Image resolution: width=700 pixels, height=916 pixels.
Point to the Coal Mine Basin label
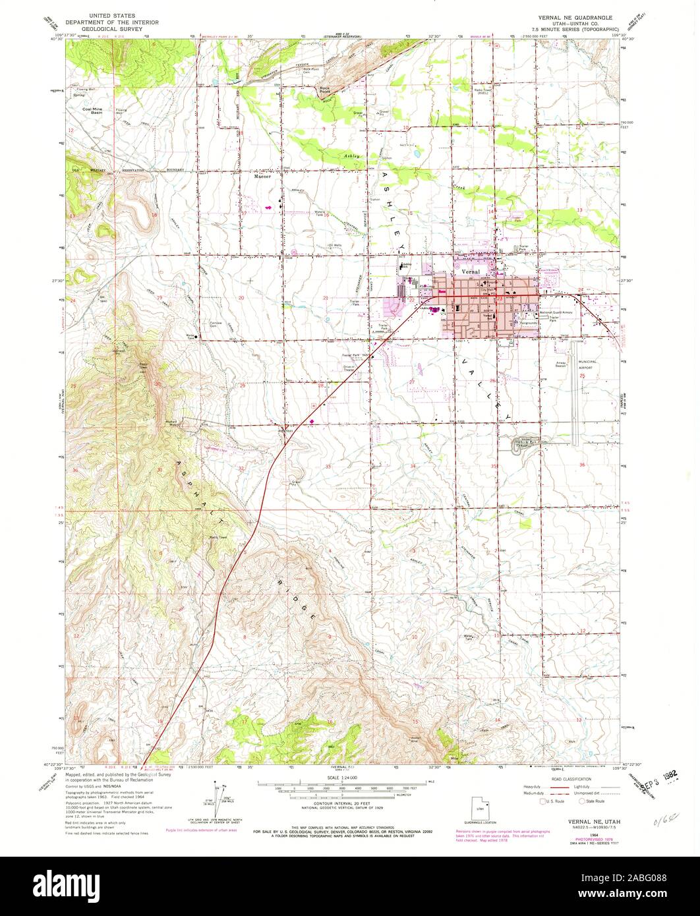pos(92,111)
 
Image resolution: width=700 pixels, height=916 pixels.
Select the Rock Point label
pos(324,89)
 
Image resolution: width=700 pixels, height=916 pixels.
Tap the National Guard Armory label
pos(560,312)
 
